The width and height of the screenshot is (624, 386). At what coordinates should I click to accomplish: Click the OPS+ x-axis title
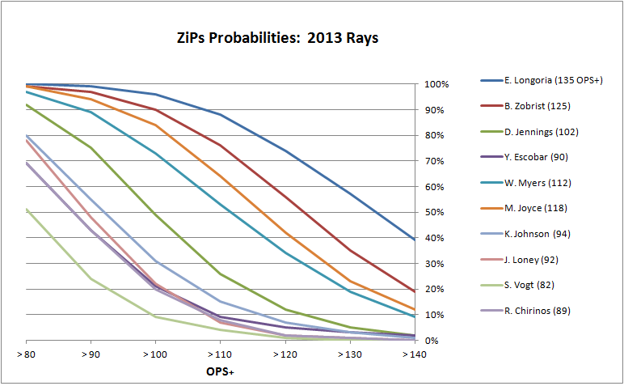point(219,372)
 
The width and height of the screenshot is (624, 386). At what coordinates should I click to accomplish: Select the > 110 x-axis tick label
point(219,355)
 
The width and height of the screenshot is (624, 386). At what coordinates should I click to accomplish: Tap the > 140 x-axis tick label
point(414,355)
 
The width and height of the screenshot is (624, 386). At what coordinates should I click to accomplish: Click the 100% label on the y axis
point(436,84)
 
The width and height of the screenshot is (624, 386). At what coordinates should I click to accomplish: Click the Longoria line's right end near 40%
point(414,240)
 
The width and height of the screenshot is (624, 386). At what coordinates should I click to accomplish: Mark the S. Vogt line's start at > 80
point(27,209)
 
